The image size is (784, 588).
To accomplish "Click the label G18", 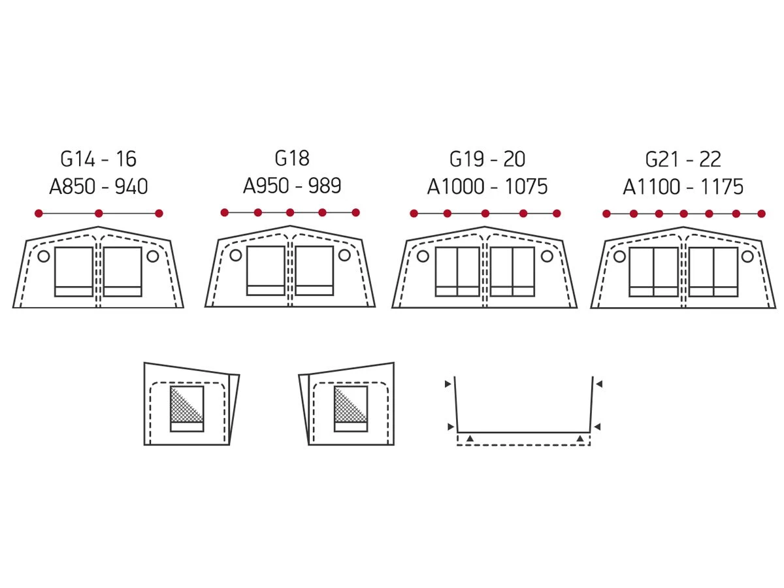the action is click(x=292, y=158).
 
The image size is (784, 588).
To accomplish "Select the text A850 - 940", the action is click(x=98, y=186).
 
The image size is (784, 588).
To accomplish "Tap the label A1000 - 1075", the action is click(x=487, y=186).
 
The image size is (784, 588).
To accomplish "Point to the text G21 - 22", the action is click(x=683, y=159).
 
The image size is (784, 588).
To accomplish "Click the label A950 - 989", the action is click(x=292, y=186).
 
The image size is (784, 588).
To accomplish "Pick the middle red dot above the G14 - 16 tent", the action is click(x=99, y=214).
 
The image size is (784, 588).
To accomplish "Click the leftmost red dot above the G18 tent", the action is click(x=224, y=213).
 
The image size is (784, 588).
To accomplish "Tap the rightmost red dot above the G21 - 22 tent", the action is click(x=761, y=214).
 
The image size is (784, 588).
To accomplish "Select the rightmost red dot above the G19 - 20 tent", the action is click(x=557, y=214).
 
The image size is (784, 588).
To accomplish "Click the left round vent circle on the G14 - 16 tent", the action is click(x=44, y=256).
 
